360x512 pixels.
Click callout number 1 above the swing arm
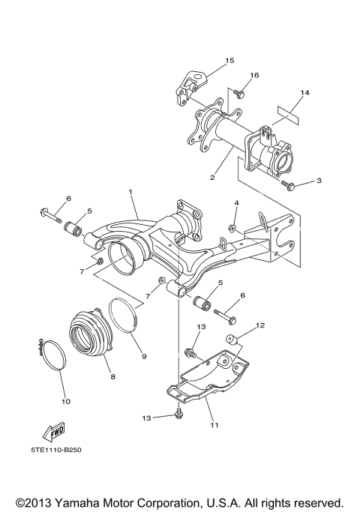pos(132,192)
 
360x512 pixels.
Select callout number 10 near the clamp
pos(66,402)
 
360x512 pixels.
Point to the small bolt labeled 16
pos(240,94)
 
